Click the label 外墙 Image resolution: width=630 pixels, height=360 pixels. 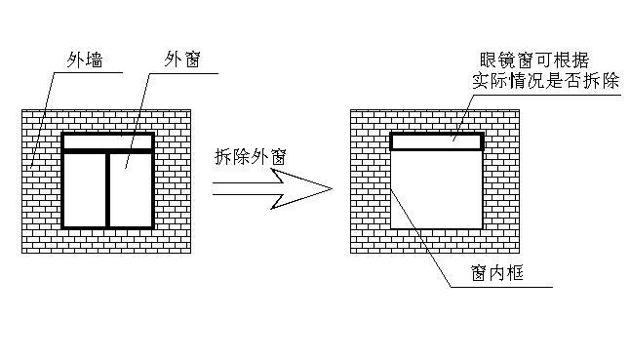coord(85,60)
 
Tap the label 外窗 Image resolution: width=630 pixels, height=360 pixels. coord(182,60)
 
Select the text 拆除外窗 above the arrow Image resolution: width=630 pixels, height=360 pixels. coord(251,157)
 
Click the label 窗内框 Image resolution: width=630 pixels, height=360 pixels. coord(497,273)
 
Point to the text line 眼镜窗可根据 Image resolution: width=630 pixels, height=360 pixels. coord(534,60)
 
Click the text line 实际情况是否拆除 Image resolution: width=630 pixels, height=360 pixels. coord(545,81)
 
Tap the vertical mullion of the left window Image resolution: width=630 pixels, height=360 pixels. coord(107,189)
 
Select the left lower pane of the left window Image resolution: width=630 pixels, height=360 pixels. coord(85,189)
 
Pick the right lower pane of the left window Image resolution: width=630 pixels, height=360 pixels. coord(131,189)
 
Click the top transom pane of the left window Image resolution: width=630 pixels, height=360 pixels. coord(108,141)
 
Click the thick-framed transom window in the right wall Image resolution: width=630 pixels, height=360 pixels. coord(437,141)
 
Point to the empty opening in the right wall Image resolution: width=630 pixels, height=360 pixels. coord(437,189)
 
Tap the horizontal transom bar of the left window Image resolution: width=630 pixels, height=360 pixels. coord(108,150)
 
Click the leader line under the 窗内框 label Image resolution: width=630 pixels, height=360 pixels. coord(501,287)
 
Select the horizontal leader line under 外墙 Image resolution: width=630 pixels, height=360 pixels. coord(88,73)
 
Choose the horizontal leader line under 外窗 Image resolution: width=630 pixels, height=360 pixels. coord(183,73)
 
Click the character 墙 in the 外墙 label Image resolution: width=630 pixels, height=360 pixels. coord(95,60)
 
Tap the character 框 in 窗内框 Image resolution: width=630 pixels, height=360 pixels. coord(515,273)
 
